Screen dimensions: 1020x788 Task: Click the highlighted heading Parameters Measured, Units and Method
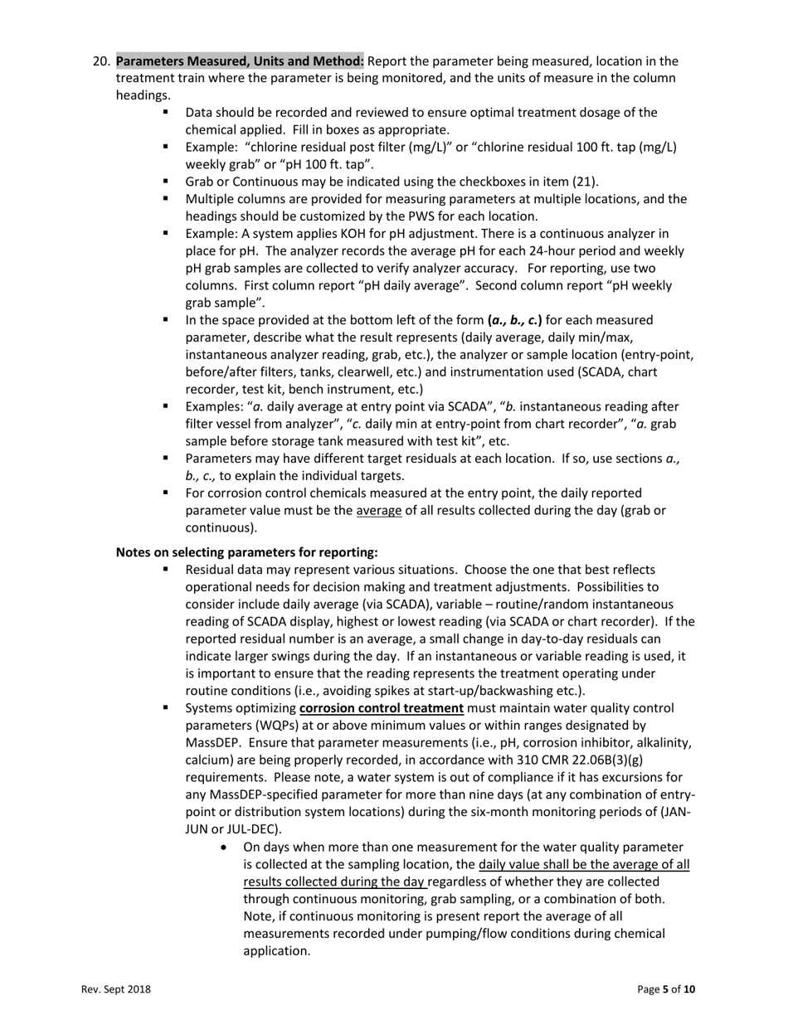click(240, 61)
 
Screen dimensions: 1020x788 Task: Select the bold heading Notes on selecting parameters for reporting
click(247, 552)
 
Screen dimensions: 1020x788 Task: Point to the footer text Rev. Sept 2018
click(116, 989)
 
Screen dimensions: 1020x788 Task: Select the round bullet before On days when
click(226, 848)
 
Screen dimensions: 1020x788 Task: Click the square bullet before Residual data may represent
click(166, 569)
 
